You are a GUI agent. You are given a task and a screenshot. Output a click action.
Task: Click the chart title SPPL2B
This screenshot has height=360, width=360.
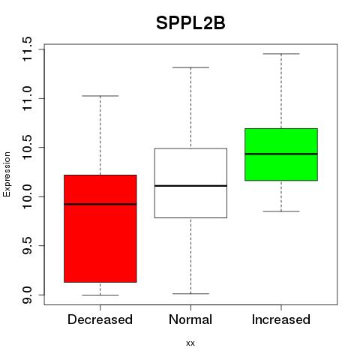pyautogui.click(x=190, y=23)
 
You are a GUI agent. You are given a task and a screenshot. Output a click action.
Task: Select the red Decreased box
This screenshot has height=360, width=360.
pyautogui.click(x=100, y=229)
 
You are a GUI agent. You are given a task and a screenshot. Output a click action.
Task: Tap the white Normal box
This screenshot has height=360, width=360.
pyautogui.click(x=190, y=183)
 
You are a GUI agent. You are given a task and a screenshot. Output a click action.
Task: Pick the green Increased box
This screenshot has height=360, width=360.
pyautogui.click(x=281, y=154)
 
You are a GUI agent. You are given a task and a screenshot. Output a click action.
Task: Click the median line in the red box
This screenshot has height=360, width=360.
pyautogui.click(x=100, y=204)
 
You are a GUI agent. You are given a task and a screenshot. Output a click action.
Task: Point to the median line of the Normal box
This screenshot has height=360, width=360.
pyautogui.click(x=190, y=186)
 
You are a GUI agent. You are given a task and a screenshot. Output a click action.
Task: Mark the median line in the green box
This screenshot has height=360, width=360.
pyautogui.click(x=281, y=154)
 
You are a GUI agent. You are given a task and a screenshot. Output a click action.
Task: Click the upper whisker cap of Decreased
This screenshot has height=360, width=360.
pyautogui.click(x=100, y=96)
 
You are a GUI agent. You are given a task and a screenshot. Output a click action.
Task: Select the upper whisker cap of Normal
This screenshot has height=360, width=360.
pyautogui.click(x=190, y=67)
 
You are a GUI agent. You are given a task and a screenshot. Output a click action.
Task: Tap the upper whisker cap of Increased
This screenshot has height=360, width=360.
pyautogui.click(x=281, y=54)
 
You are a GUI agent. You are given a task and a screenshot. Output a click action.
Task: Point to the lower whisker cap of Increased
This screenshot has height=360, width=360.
pyautogui.click(x=281, y=211)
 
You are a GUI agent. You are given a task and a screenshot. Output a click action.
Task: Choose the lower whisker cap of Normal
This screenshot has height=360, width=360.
pyautogui.click(x=190, y=293)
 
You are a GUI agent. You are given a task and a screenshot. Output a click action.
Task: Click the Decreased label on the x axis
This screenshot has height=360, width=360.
pyautogui.click(x=100, y=319)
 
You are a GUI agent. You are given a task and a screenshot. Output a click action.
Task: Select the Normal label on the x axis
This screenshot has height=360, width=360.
pyautogui.click(x=190, y=319)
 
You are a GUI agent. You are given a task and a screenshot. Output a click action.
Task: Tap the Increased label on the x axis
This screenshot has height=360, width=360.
pyautogui.click(x=281, y=319)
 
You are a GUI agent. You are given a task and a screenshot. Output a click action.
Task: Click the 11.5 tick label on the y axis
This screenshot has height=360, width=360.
pyautogui.click(x=27, y=49)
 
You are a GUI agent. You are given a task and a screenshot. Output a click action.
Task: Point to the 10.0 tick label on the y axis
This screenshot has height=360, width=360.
pyautogui.click(x=27, y=196)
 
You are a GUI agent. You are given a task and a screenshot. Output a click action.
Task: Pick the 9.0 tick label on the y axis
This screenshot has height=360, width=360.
pyautogui.click(x=27, y=295)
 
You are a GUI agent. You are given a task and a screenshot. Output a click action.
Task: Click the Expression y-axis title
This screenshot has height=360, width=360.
pyautogui.click(x=7, y=174)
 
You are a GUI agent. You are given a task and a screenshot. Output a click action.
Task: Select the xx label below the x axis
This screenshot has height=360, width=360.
pyautogui.click(x=190, y=343)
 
